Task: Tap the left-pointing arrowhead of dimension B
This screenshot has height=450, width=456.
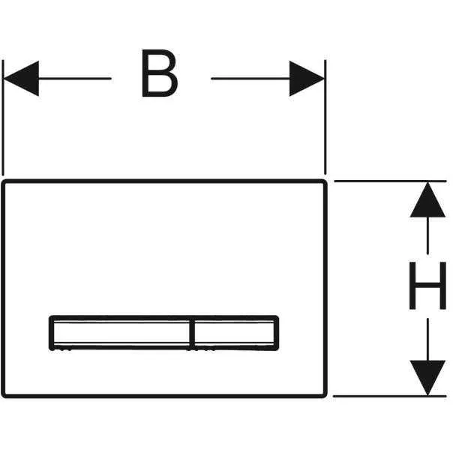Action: coord(21,78)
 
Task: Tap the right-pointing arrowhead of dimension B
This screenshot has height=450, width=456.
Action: coord(307,78)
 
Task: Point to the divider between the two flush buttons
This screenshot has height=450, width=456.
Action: coord(192,332)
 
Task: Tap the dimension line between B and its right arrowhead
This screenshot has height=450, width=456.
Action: coord(247,78)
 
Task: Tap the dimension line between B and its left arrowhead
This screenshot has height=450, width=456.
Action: coord(75,78)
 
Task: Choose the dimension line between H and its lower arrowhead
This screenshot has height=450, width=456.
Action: coord(427,337)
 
